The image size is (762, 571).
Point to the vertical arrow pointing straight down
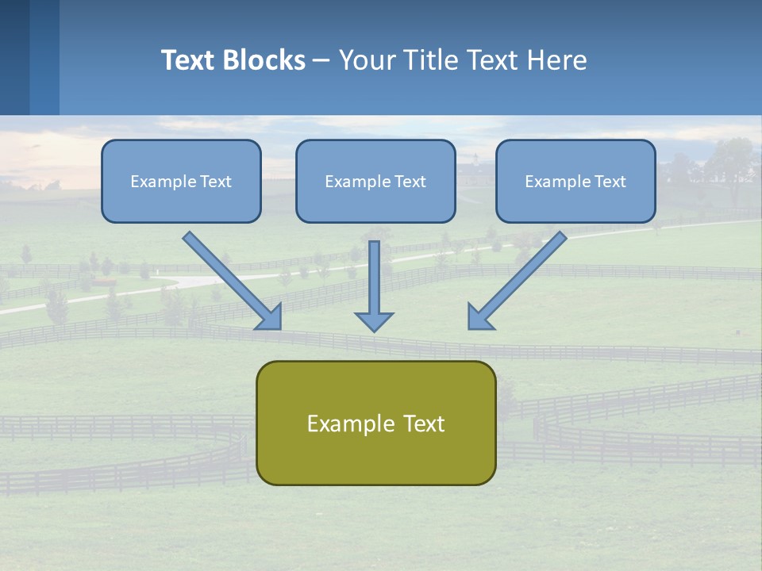(374, 278)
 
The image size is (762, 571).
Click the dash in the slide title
(321, 60)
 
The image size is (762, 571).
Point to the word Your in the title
(366, 60)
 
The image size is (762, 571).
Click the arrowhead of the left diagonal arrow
(270, 317)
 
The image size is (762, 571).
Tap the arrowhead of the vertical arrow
(374, 321)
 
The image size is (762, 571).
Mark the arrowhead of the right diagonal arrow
(479, 317)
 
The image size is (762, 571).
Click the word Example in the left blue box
(159, 182)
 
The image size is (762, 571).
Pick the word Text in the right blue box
(610, 182)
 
